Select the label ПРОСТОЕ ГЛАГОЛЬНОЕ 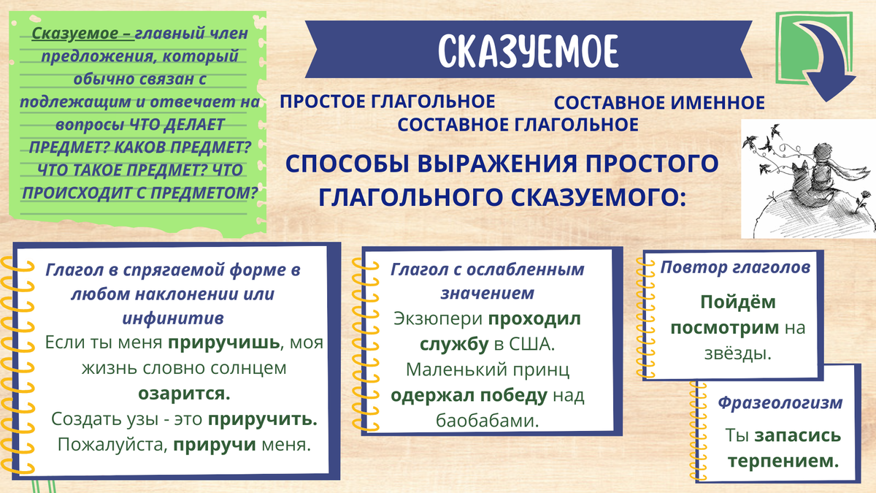[x=387, y=102]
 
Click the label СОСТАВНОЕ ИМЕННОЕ [x=659, y=103]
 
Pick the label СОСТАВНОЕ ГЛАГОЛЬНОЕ [x=518, y=125]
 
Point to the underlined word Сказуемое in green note [x=74, y=34]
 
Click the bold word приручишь [x=223, y=343]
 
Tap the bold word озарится [x=184, y=394]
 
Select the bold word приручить [x=262, y=419]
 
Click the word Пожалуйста [x=112, y=445]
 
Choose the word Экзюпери [x=438, y=319]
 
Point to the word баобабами [x=488, y=421]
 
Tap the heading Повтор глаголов [x=735, y=267]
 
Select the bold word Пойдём [x=738, y=302]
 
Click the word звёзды [x=738, y=353]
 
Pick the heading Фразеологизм [x=780, y=403]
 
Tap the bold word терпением [x=783, y=462]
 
